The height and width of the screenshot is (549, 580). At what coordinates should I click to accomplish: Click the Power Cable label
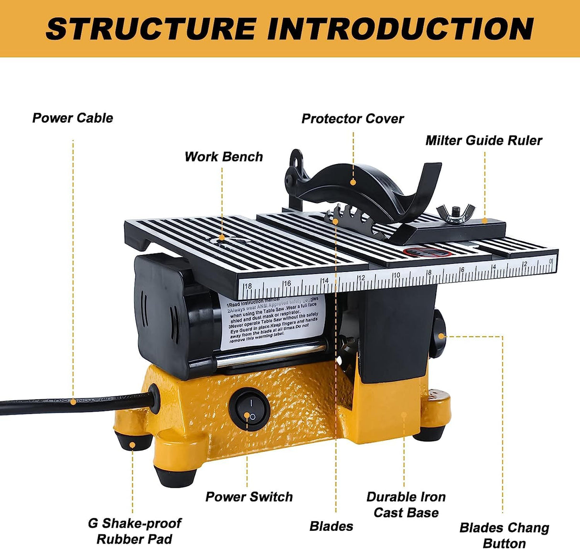(x=73, y=118)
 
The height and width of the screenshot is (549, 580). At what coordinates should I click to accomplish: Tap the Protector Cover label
(x=353, y=119)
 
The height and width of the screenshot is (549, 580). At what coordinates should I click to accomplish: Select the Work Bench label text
(x=224, y=157)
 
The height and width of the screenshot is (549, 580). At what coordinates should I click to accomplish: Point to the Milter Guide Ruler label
(x=483, y=141)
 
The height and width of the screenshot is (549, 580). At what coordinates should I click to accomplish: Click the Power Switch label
(x=249, y=497)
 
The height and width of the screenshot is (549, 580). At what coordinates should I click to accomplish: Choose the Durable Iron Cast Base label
(x=406, y=505)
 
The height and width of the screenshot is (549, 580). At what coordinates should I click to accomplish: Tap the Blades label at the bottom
(x=331, y=527)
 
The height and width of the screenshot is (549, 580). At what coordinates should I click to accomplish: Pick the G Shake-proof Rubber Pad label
(x=134, y=531)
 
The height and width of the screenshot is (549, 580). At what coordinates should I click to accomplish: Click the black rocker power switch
(x=249, y=409)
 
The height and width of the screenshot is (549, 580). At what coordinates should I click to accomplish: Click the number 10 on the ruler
(x=396, y=275)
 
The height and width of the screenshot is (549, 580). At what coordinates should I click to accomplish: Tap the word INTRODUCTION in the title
(x=400, y=29)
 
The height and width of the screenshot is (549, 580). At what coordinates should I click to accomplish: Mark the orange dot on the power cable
(x=73, y=402)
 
